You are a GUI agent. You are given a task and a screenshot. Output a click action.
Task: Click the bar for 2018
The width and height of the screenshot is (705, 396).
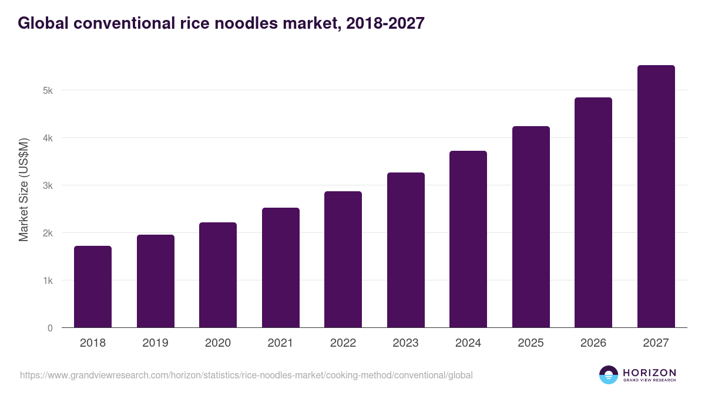[x=93, y=287]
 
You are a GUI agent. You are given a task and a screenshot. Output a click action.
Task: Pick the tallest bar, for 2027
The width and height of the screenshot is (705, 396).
[x=656, y=197]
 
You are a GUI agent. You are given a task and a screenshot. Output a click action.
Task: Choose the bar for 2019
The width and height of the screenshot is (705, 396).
[x=156, y=281]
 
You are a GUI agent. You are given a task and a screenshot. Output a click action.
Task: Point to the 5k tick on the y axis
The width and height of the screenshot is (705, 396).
[x=47, y=91]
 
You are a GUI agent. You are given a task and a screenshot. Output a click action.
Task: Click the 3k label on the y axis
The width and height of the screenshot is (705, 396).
[x=47, y=186]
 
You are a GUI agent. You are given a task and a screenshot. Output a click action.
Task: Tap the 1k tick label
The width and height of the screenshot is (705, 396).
[x=47, y=281]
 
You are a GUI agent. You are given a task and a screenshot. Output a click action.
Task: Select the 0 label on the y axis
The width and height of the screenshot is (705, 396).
[x=50, y=329]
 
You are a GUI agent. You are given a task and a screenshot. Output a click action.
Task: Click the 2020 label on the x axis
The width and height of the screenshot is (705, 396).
[x=218, y=343]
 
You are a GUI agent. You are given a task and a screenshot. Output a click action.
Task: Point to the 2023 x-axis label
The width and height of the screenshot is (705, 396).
[x=406, y=343]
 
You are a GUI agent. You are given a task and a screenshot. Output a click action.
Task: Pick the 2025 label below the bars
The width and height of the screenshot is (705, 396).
[x=531, y=343]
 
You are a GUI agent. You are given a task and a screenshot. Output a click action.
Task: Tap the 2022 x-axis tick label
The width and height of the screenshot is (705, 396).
[x=343, y=343]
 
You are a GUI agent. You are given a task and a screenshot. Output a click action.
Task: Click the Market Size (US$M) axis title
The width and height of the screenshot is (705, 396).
[x=24, y=190]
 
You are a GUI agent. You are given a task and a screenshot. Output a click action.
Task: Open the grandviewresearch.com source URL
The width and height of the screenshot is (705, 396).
[x=246, y=375]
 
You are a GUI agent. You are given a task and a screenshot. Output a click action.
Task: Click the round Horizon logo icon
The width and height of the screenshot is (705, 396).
[x=609, y=375]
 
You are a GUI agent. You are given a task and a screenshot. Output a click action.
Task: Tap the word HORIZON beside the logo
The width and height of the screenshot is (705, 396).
[x=649, y=373]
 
